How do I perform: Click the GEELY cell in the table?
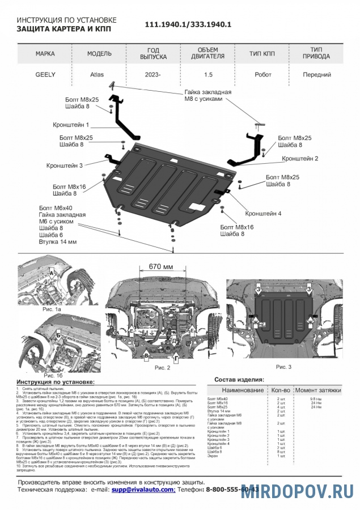coord(45,74)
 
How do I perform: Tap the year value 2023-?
coord(153,74)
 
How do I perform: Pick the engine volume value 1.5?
coord(209,74)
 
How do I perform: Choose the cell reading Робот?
coord(262,74)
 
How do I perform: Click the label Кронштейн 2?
coord(300,159)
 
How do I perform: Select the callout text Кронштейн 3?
coord(65,165)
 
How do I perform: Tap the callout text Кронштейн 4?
coord(263,214)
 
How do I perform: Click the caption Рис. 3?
coord(299,367)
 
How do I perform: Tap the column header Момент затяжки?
coord(317,390)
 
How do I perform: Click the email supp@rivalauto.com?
coord(143,488)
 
